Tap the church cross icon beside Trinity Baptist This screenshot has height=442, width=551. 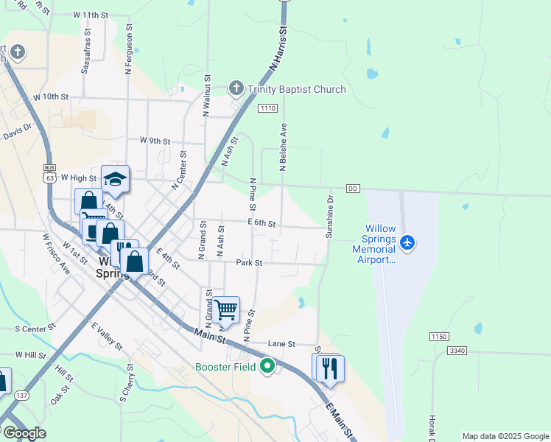click(236, 89)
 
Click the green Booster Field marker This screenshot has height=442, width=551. click(267, 365)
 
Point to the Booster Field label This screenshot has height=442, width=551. click(225, 367)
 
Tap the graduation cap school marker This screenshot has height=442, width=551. click(115, 179)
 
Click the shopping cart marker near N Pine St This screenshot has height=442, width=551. click(226, 309)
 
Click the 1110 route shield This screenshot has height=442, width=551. click(267, 108)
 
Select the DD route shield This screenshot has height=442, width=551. click(353, 189)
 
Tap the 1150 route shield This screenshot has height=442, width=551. click(439, 337)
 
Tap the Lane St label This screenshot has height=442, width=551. click(281, 344)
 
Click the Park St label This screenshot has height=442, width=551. click(249, 263)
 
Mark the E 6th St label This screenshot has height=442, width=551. click(262, 223)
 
